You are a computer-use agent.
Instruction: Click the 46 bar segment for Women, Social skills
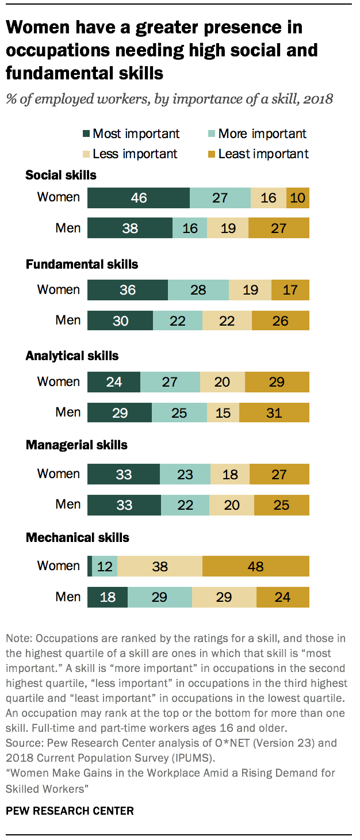[x=139, y=197]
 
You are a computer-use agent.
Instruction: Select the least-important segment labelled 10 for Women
[x=298, y=197]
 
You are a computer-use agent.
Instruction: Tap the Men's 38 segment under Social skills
[x=130, y=228]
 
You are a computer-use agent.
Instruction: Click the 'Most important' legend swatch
[x=86, y=134]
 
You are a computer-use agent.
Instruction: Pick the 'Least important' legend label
[x=263, y=154]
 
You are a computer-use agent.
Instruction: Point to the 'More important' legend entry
[x=262, y=134]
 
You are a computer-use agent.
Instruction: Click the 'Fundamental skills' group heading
[x=82, y=265]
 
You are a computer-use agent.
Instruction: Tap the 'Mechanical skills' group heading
[x=77, y=538]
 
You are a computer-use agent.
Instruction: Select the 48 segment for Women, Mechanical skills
[x=256, y=566]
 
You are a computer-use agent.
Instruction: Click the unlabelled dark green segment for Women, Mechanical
[x=90, y=566]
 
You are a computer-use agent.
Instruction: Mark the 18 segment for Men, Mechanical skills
[x=108, y=597]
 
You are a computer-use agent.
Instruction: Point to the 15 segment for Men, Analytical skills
[x=223, y=413]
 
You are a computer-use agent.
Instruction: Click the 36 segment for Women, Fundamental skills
[x=128, y=290]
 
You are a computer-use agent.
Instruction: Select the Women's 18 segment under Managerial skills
[x=230, y=474]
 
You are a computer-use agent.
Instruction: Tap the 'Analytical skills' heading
[x=72, y=356]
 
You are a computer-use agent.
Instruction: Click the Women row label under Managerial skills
[x=58, y=474]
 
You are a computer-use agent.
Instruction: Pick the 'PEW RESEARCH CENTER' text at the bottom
[x=70, y=811]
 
